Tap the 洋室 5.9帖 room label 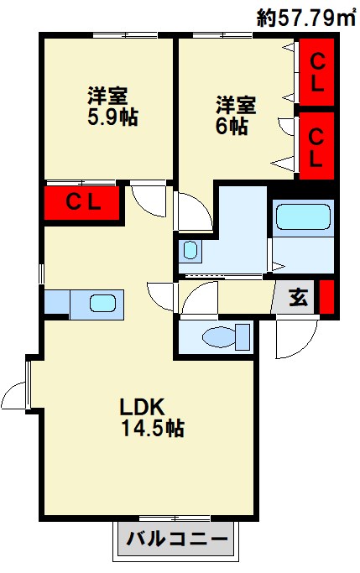coord(112,107)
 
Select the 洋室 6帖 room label coord(236,115)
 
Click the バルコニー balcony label coord(177,539)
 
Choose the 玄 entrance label coord(299,297)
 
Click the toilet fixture coord(226,336)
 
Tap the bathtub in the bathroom coord(303,216)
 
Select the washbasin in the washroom coord(190,250)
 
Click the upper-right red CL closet coord(317,71)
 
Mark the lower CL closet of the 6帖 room coord(317,145)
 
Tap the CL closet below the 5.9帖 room coord(82,203)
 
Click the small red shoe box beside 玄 coord(327,297)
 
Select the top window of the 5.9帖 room coord(125,35)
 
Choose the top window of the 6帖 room coord(222,35)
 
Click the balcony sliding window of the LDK coord(175,518)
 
